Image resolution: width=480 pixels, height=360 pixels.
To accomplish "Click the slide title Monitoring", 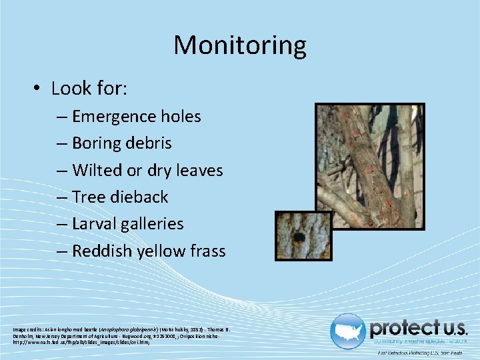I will click(x=240, y=45).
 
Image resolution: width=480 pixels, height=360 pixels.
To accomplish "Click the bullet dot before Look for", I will click(x=39, y=89).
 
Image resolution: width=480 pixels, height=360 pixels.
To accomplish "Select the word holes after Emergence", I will click(x=181, y=117).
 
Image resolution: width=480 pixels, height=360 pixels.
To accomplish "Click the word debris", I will click(x=149, y=143).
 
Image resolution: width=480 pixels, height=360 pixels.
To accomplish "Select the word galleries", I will click(x=153, y=224).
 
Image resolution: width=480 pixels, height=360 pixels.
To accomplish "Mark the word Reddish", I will click(x=101, y=251).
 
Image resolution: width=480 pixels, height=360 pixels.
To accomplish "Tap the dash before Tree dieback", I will click(x=61, y=197).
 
